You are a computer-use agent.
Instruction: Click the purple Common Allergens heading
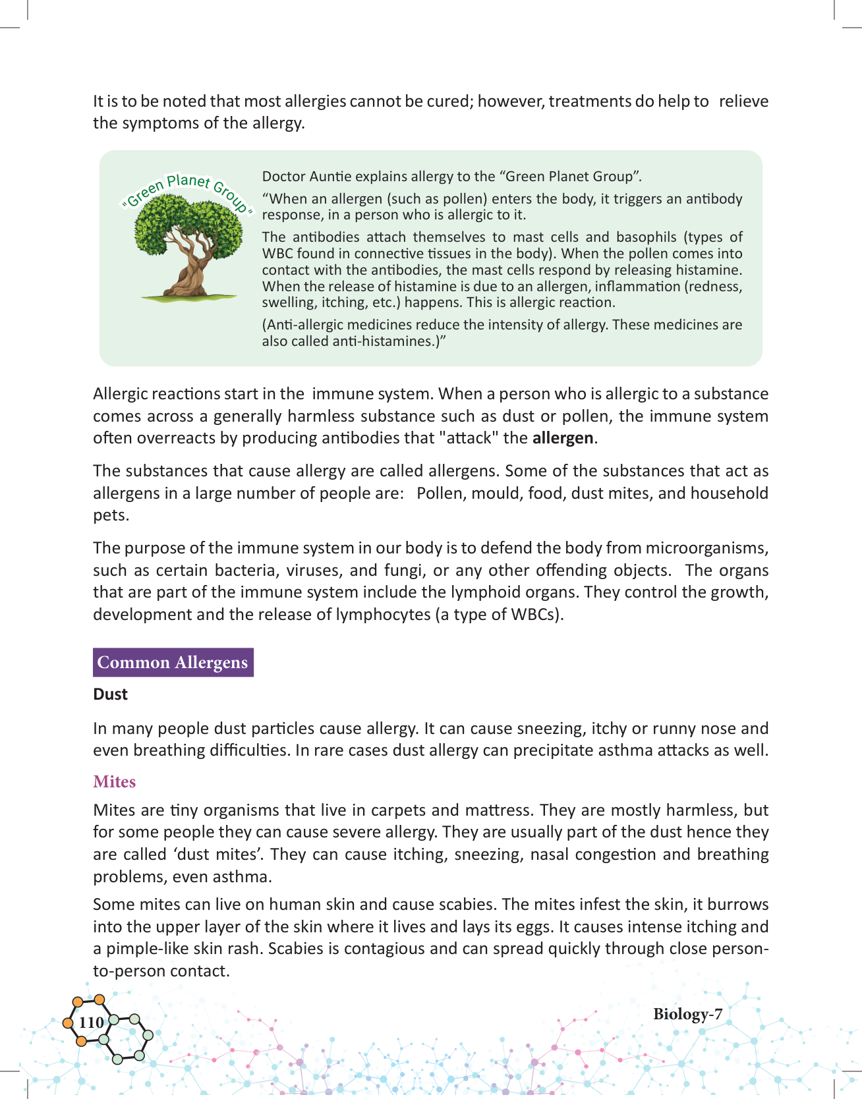(173, 662)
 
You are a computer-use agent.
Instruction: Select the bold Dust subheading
(110, 694)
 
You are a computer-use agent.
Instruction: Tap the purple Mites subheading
(115, 781)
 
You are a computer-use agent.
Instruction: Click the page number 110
(91, 1022)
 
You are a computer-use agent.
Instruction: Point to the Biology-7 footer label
(687, 1014)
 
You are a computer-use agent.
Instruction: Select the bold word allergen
(563, 438)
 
